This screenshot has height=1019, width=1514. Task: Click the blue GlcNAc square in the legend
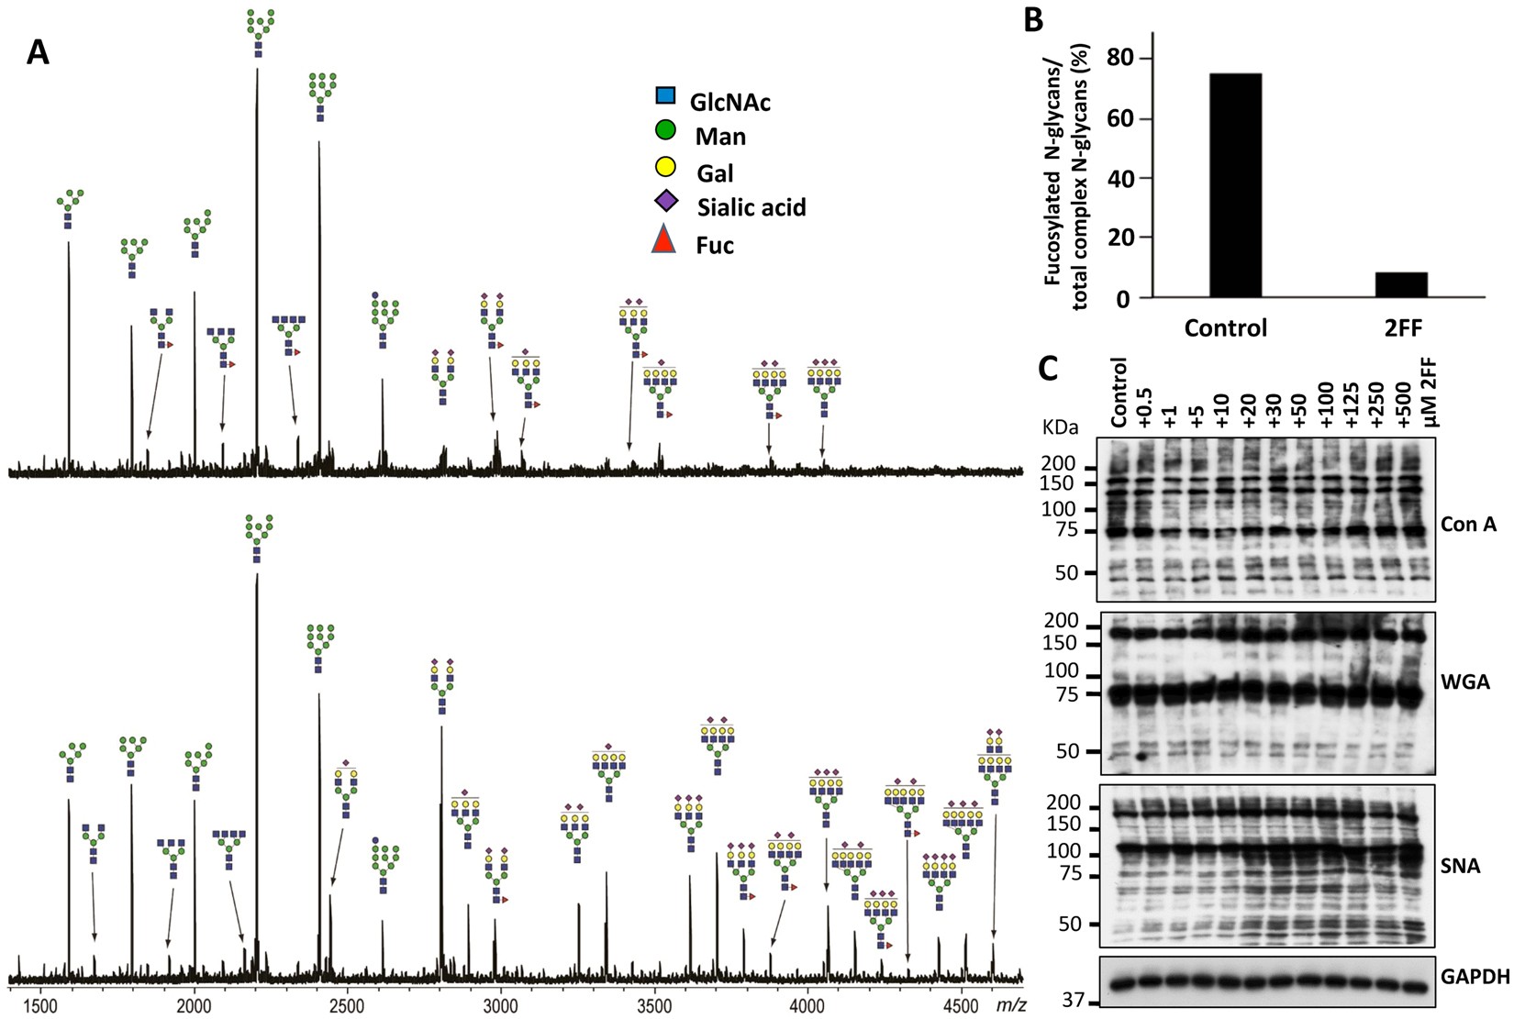665,95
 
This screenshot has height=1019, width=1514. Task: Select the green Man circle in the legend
665,130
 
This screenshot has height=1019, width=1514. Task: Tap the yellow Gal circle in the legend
665,167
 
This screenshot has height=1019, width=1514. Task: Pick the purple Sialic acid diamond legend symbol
665,201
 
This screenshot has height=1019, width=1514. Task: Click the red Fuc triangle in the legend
663,241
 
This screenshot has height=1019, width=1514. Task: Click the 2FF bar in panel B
1401,285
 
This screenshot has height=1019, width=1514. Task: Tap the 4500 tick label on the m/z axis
961,1004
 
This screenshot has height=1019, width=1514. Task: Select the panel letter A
38,53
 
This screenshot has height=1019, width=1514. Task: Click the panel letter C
1048,369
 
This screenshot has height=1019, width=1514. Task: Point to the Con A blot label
1468,525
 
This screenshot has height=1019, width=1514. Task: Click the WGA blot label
1465,682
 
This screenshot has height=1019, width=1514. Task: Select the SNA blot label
1461,866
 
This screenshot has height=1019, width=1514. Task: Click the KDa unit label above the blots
1061,427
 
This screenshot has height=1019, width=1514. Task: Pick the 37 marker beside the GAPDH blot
1073,1000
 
